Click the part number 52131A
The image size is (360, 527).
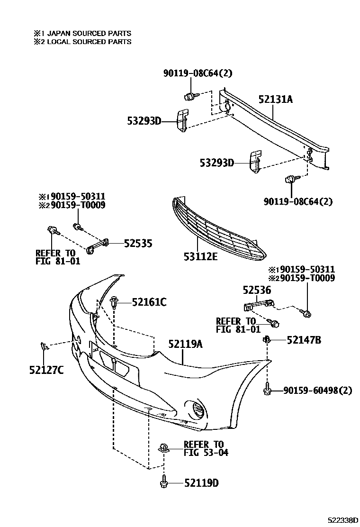tap(275, 100)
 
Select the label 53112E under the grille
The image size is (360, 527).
tap(201, 256)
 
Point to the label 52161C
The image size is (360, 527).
tap(149, 301)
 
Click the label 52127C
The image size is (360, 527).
tap(46, 370)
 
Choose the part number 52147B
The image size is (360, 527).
tap(304, 340)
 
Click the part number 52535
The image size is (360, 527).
tap(138, 243)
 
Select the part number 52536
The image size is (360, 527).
tap(257, 289)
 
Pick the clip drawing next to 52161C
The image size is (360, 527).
tap(115, 302)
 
